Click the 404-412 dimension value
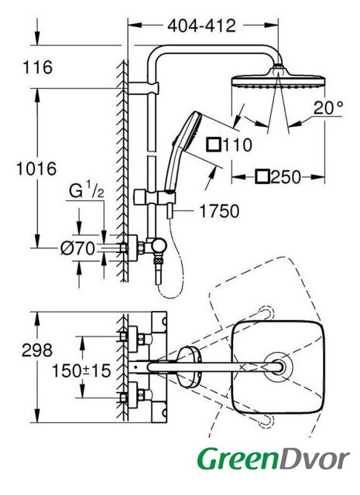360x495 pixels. click(x=201, y=26)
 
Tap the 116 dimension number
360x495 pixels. click(x=38, y=67)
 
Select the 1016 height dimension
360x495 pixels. click(x=36, y=169)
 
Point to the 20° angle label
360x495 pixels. click(x=328, y=108)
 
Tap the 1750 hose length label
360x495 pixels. click(x=219, y=211)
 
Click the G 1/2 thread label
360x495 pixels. click(x=86, y=190)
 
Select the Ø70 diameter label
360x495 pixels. click(x=77, y=248)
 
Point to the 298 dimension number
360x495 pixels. click(x=37, y=350)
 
